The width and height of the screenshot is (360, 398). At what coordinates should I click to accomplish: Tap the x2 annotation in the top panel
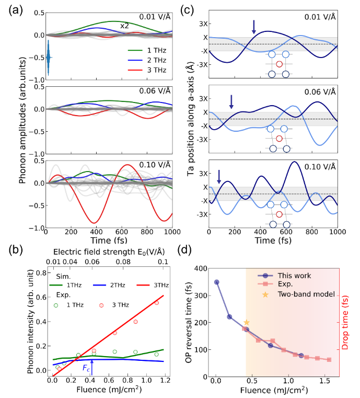pyautogui.click(x=125, y=26)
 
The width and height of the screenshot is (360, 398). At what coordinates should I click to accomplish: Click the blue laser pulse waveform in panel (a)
pyautogui.click(x=49, y=56)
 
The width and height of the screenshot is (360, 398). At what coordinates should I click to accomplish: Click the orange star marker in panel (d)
pyautogui.click(x=247, y=322)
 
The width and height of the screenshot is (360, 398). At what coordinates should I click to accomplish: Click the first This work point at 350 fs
pyautogui.click(x=216, y=282)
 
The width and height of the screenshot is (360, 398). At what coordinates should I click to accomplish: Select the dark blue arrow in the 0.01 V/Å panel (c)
pyautogui.click(x=254, y=27)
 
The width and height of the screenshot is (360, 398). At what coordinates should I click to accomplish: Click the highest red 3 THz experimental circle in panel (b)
pyautogui.click(x=156, y=303)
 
